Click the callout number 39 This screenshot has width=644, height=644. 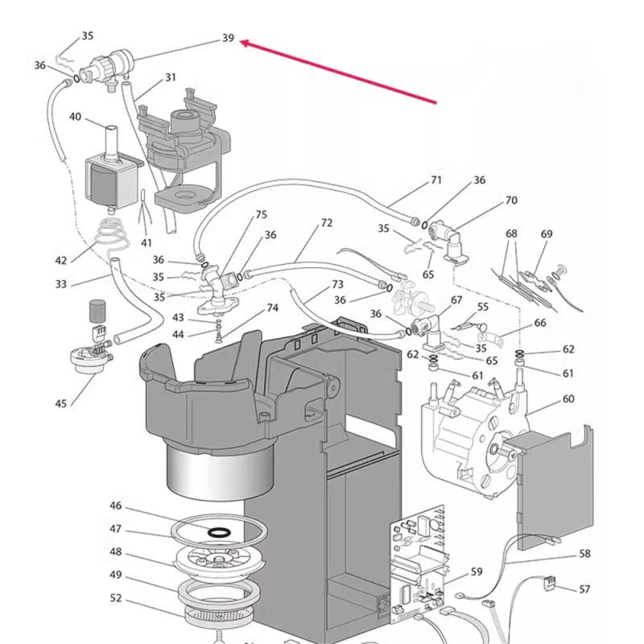pos(228,38)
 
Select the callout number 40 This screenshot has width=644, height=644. pos(75,117)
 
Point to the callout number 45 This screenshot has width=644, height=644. pos(61,403)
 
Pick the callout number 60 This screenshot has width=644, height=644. pos(568,399)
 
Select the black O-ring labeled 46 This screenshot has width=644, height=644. pos(218,531)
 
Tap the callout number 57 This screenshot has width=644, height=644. pos(584,589)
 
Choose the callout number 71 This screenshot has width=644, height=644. pos(436,180)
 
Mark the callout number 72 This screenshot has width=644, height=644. pos(326,223)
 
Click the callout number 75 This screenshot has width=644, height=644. pos(261,214)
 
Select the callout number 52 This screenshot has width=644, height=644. pos(116,598)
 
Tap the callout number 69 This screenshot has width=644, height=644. pos(547,234)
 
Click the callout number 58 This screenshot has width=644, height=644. pos(584,555)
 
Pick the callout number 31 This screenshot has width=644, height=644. pos(170,77)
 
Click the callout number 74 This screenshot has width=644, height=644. pos(272,308)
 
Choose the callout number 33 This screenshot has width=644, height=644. pos(61,283)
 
